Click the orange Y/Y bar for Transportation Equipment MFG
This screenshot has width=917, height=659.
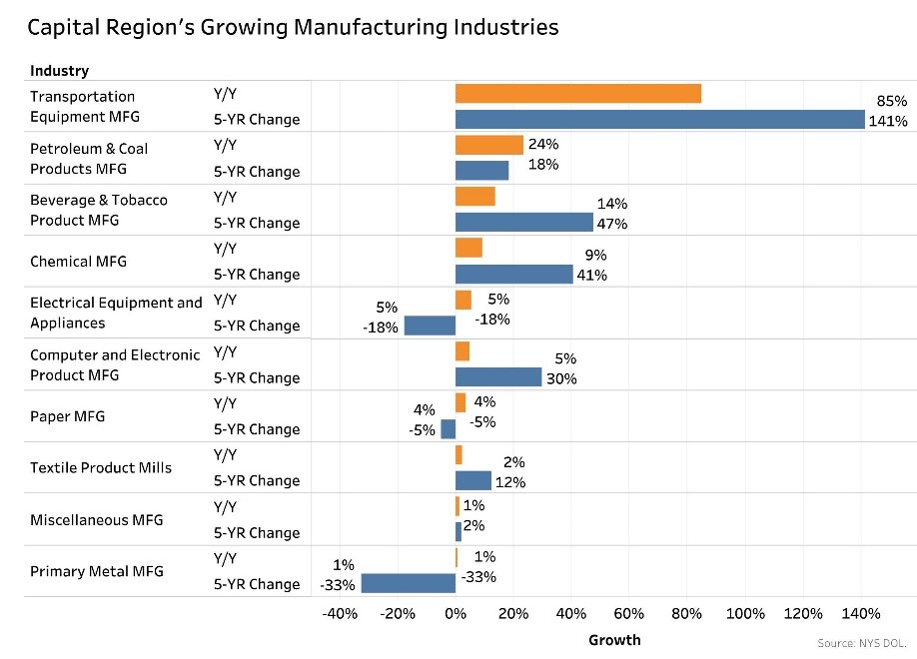pyautogui.click(x=577, y=94)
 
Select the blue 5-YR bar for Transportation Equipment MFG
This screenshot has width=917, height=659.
pyautogui.click(x=659, y=120)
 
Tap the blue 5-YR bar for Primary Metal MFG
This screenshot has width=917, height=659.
pyautogui.click(x=408, y=583)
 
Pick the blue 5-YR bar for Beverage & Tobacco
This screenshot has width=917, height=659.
pyautogui.click(x=523, y=222)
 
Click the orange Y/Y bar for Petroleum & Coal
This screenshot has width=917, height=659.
pyautogui.click(x=488, y=145)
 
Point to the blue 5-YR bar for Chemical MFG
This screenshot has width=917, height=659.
pyautogui.click(x=513, y=274)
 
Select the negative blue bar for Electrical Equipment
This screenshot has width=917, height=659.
pyautogui.click(x=430, y=326)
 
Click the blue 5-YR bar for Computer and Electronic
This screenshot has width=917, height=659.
pyautogui.click(x=497, y=377)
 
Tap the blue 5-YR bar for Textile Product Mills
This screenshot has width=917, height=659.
pyautogui.click(x=472, y=480)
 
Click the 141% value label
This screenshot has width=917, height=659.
pyautogui.click(x=888, y=122)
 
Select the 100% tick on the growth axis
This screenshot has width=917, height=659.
pyautogui.click(x=745, y=613)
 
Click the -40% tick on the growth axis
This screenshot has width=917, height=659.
pyautogui.click(x=340, y=613)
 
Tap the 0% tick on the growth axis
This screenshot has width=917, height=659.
pyautogui.click(x=456, y=613)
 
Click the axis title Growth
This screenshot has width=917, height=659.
pyautogui.click(x=614, y=639)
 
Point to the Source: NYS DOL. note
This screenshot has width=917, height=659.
pyautogui.click(x=862, y=643)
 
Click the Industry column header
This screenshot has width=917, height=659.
pyautogui.click(x=59, y=71)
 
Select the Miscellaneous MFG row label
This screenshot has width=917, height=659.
pyautogui.click(x=96, y=520)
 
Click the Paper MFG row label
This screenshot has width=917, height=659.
pyautogui.click(x=67, y=416)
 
